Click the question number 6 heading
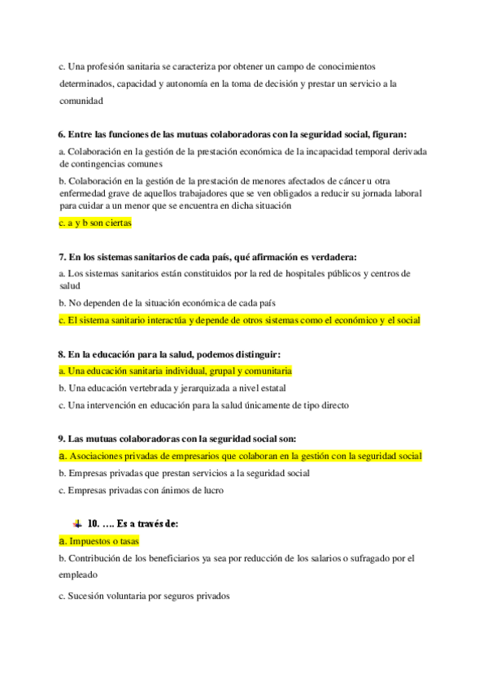(62, 134)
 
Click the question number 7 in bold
(62, 257)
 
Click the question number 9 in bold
(62, 439)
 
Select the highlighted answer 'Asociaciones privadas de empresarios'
(240, 456)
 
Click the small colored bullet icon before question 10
(76, 524)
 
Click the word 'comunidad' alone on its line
(81, 102)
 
